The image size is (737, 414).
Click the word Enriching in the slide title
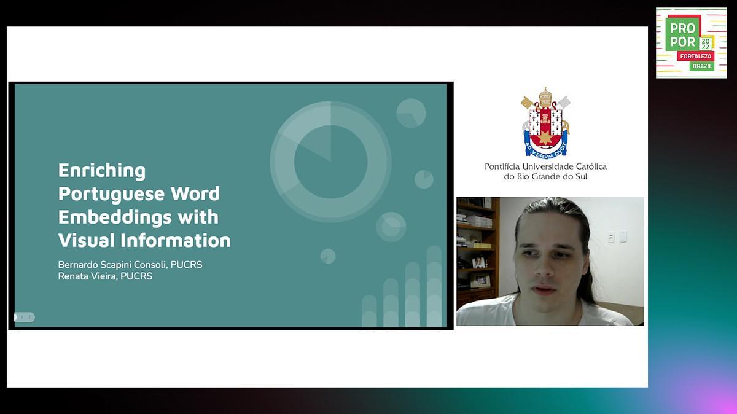102,170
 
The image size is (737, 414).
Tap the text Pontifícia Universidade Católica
545,166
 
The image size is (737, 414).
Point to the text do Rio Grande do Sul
545,177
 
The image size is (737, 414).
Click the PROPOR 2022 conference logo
691,42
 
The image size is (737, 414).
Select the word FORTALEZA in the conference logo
695,56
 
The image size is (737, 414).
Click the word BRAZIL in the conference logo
702,66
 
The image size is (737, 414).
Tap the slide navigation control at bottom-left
25,317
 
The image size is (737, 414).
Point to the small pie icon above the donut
411,113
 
